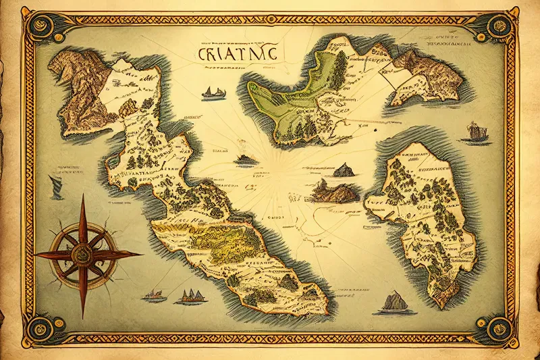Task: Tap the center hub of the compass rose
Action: click(x=82, y=255)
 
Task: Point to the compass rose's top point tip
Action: click(x=83, y=196)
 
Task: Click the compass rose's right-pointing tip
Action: click(x=142, y=255)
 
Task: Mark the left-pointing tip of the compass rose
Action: click(x=35, y=255)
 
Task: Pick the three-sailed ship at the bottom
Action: click(x=190, y=296)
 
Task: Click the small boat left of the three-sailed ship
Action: click(x=155, y=295)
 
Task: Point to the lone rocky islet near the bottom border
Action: click(x=395, y=302)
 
